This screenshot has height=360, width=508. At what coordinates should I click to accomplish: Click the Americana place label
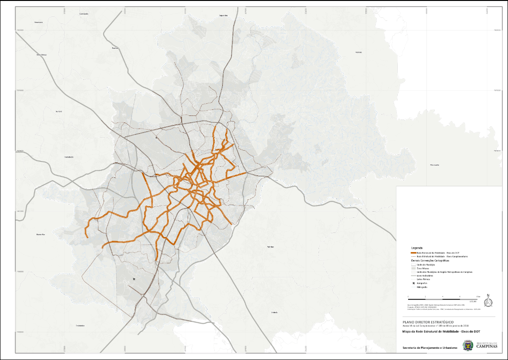click(38, 22)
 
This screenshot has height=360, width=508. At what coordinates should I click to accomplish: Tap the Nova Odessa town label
click(42, 54)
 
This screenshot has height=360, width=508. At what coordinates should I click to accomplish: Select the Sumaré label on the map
click(59, 111)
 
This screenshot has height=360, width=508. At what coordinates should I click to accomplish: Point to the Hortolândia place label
click(69, 157)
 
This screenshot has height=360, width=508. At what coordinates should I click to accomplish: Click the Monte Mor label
click(40, 234)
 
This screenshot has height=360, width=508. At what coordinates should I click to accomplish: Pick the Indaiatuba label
click(80, 325)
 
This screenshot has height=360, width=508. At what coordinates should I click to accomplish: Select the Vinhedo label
click(274, 312)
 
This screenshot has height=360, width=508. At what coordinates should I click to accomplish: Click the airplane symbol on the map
click(134, 279)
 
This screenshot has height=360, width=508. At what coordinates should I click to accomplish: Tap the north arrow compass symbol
click(488, 301)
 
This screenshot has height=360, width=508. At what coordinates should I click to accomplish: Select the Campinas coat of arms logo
click(467, 345)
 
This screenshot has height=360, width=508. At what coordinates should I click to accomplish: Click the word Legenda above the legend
click(417, 247)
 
